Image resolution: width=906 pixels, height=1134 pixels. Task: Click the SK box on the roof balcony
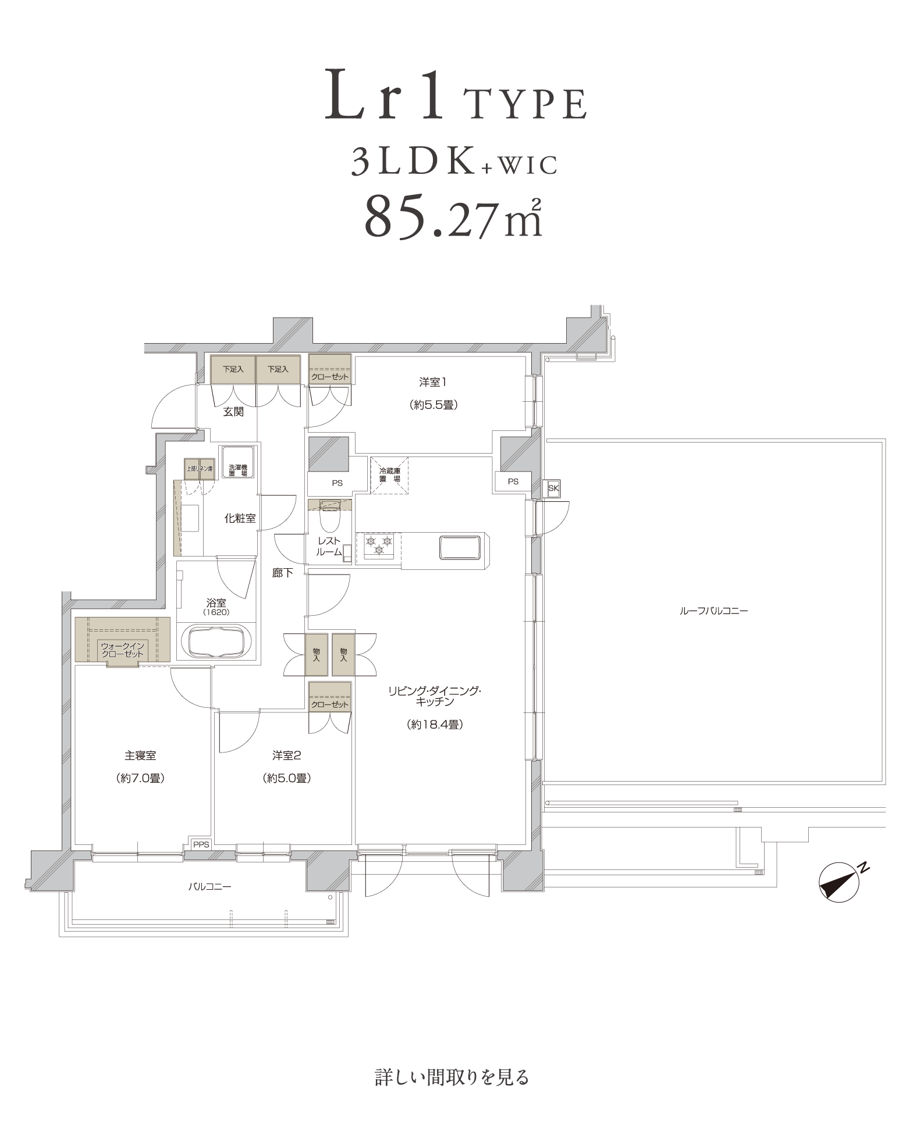click(x=553, y=488)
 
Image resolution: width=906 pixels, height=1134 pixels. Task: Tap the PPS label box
click(x=201, y=845)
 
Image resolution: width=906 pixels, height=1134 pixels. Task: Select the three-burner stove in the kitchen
click(x=379, y=547)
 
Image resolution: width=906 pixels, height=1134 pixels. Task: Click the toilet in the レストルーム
click(x=330, y=518)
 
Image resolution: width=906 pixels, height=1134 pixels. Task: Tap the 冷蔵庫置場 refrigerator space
click(x=390, y=475)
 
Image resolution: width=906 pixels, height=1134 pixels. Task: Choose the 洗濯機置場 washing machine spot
click(x=237, y=463)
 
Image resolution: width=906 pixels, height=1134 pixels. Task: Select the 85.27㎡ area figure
click(x=453, y=215)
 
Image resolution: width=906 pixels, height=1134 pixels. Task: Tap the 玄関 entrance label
click(x=233, y=412)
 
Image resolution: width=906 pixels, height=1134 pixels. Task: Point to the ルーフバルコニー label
click(x=713, y=611)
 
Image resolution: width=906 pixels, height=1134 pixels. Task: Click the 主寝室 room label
click(x=140, y=755)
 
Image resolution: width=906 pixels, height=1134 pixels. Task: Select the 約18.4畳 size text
click(x=435, y=725)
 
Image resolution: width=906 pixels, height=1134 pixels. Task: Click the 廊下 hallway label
click(x=282, y=573)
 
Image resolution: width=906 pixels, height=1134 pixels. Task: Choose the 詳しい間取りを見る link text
click(x=452, y=1076)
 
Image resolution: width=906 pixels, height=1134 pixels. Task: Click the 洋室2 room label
click(x=286, y=755)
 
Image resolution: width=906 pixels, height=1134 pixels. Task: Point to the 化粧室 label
click(x=240, y=518)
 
